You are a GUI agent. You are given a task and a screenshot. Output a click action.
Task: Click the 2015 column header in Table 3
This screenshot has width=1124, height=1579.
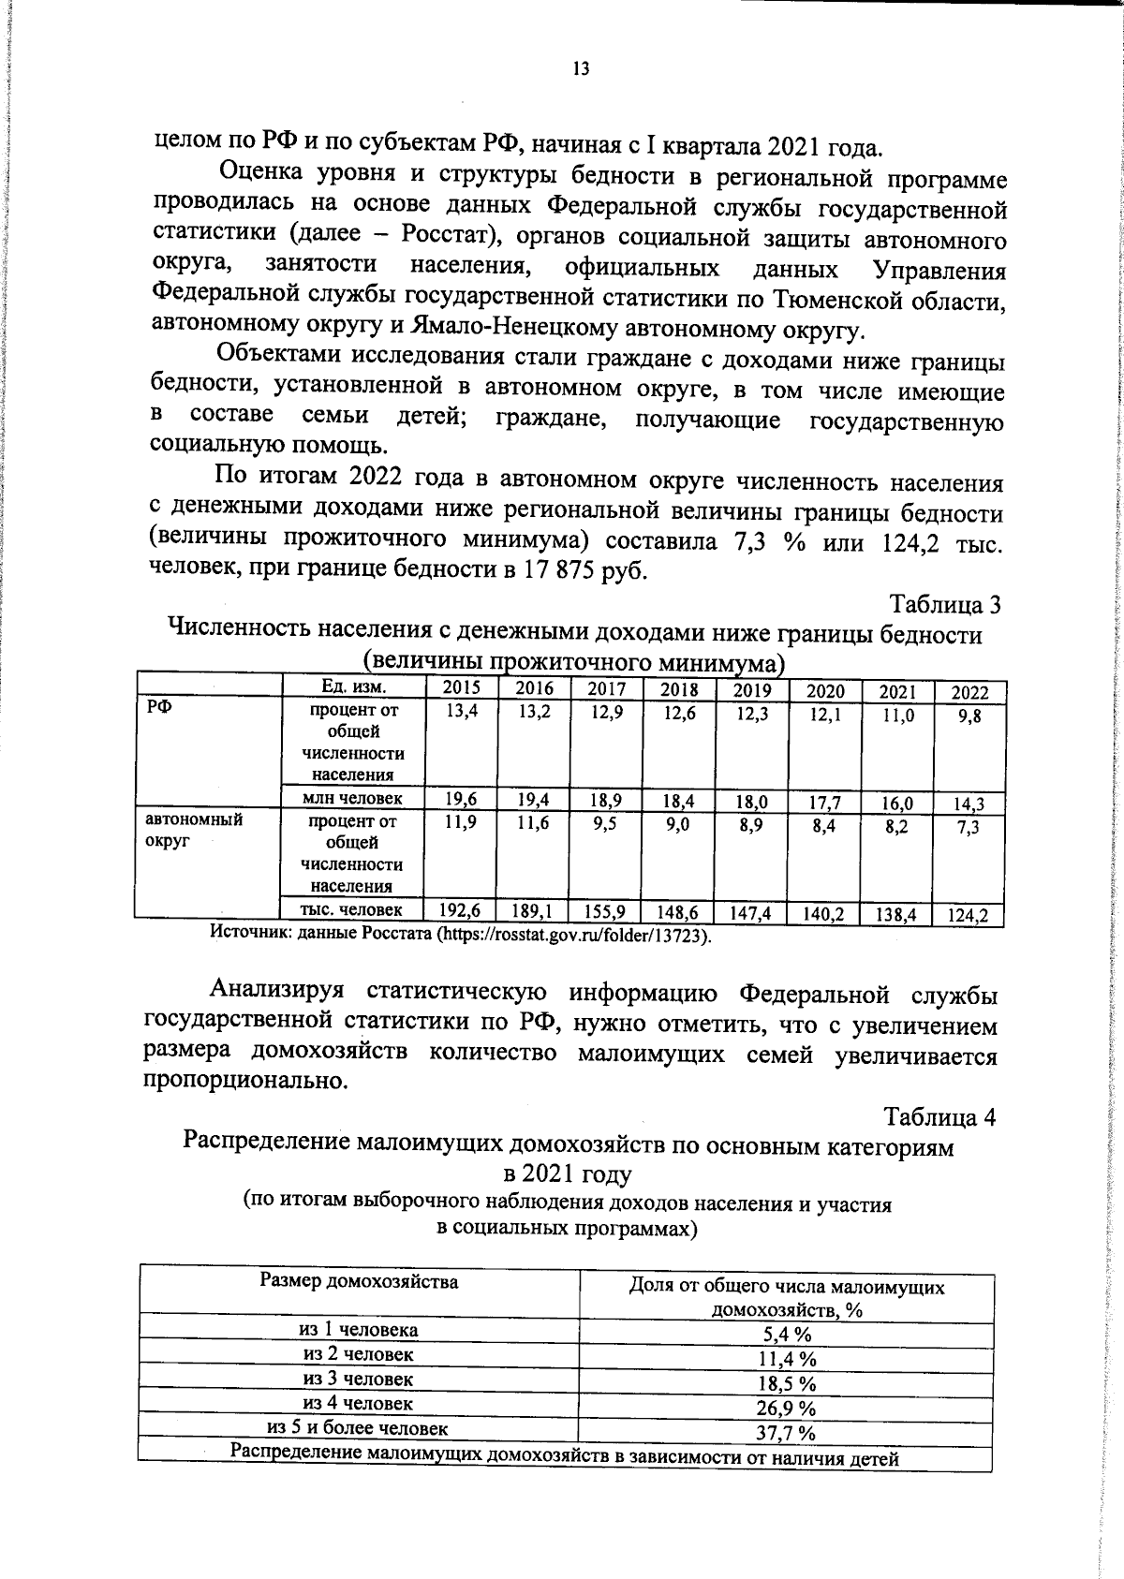461,687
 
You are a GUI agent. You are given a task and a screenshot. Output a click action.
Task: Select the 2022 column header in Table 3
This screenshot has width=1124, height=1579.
969,693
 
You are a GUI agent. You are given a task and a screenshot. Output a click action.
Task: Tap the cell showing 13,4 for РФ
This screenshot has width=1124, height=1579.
461,711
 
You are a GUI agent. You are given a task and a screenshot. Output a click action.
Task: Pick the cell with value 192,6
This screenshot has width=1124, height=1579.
461,908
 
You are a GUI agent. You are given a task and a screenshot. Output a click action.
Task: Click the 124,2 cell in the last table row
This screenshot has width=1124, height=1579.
969,916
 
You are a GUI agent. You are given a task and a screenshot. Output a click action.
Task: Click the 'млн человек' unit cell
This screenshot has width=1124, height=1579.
354,798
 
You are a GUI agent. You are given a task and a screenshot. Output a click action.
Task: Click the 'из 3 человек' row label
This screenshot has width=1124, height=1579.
358,1379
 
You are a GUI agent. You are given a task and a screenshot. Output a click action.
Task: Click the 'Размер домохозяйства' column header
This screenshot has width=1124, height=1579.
359,1281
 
